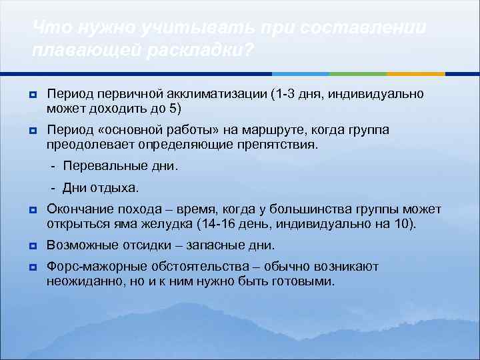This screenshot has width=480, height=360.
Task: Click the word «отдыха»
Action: [119, 188]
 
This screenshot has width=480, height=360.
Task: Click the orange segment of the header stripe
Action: [416, 73]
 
